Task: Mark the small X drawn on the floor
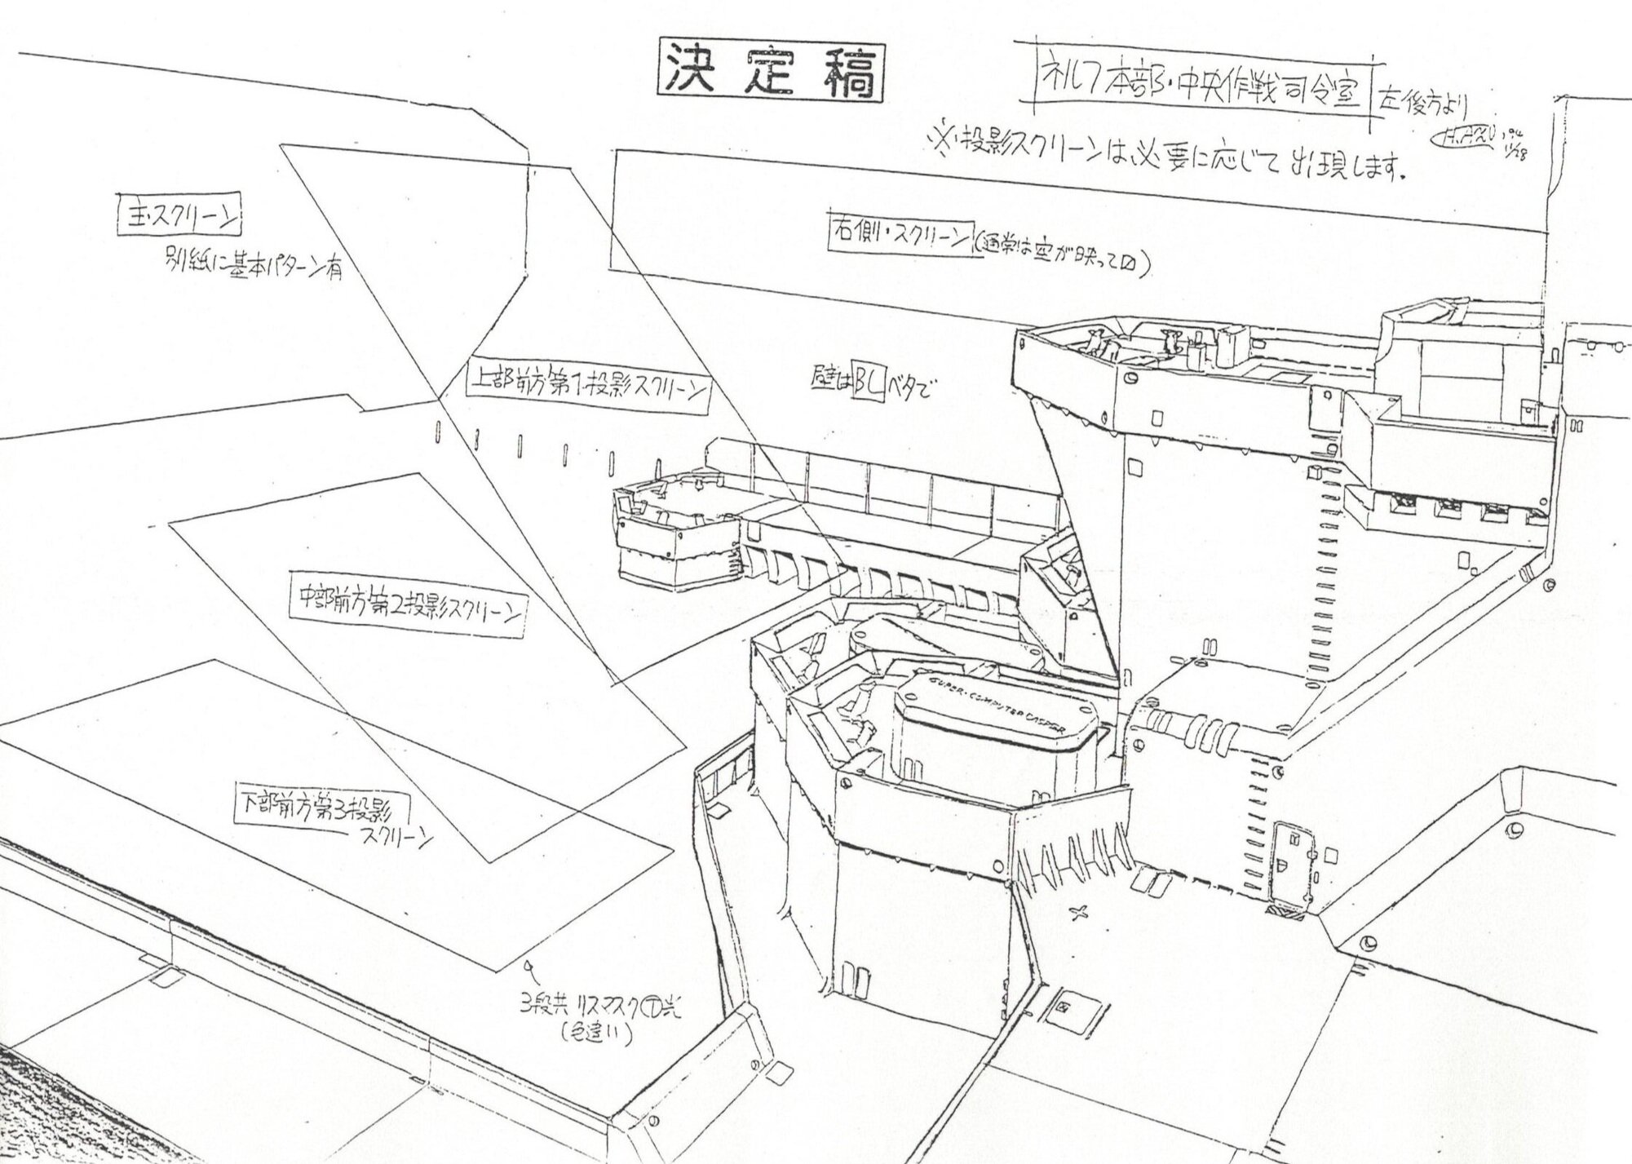(1081, 913)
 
